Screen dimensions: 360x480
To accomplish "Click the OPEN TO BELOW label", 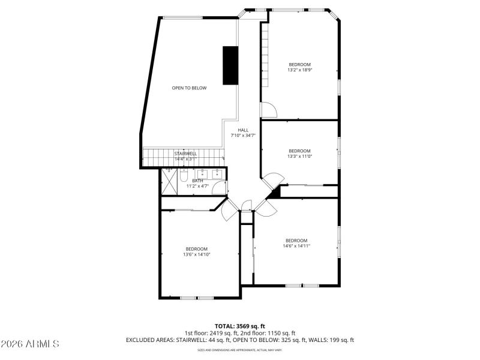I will coord(189,88).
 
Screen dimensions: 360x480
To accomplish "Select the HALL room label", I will coord(243,130).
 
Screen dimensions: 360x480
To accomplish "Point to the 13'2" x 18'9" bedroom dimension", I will coord(300,70).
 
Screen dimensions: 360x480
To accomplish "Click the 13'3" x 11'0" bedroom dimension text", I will coord(300,157).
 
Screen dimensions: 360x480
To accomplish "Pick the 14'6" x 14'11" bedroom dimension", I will coord(296,246).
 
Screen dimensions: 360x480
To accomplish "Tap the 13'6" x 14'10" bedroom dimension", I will coord(196,254).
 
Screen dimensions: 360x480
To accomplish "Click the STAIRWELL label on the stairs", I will coord(185,154).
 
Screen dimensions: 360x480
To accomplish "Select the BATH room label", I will coord(197,181).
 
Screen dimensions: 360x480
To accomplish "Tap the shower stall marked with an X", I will coord(169,182).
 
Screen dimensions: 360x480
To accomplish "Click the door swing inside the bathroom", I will coord(220,188).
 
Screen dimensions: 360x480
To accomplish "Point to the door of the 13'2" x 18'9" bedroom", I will coord(268,110).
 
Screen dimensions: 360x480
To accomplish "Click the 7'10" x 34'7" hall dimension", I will coord(243,136).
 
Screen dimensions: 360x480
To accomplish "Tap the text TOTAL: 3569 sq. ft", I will coord(239,326).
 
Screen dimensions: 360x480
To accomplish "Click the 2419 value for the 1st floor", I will coord(221,333).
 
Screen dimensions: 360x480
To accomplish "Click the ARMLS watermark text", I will coord(30,344).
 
